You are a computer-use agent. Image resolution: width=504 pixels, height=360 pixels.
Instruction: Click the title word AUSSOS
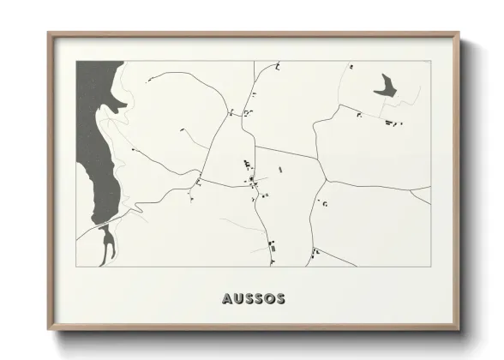tap(253, 299)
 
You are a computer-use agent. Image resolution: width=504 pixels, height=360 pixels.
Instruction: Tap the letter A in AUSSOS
tap(227, 299)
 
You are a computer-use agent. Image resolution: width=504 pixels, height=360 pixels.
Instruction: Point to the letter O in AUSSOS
tap(268, 299)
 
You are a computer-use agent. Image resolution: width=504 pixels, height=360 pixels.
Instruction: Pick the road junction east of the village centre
tap(326, 181)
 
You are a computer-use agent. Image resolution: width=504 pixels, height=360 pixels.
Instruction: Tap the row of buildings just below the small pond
tap(390, 123)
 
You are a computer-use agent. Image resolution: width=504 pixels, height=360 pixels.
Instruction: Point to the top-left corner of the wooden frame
tap(50, 35)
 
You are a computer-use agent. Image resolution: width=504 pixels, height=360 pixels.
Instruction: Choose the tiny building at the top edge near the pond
tap(350, 66)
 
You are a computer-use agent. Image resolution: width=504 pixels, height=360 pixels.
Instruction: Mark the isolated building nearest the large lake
tap(133, 150)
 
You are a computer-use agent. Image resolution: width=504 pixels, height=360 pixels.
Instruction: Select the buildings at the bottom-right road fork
tap(316, 251)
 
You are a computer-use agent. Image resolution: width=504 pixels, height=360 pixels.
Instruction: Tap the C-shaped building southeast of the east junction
tap(325, 204)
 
